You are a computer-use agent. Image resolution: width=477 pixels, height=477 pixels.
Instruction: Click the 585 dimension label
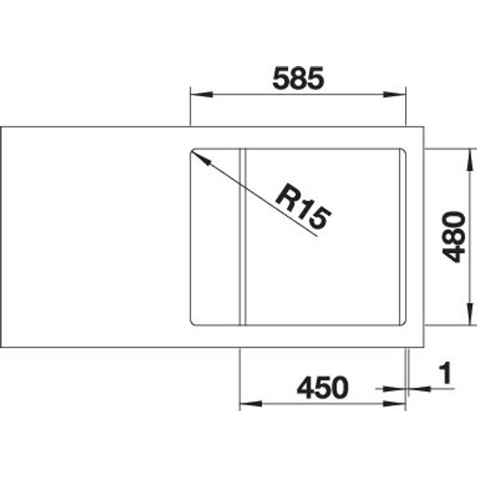298,78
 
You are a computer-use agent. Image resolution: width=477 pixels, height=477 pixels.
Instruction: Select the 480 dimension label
454,237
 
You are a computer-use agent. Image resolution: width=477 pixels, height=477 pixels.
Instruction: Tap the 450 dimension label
323,388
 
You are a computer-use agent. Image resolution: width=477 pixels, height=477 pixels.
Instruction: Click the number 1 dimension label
446,373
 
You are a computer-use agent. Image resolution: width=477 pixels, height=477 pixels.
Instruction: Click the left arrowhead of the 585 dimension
201,94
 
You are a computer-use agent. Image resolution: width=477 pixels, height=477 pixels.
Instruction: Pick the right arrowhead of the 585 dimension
395,95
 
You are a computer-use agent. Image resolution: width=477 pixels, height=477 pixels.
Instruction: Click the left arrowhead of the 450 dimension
251,403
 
